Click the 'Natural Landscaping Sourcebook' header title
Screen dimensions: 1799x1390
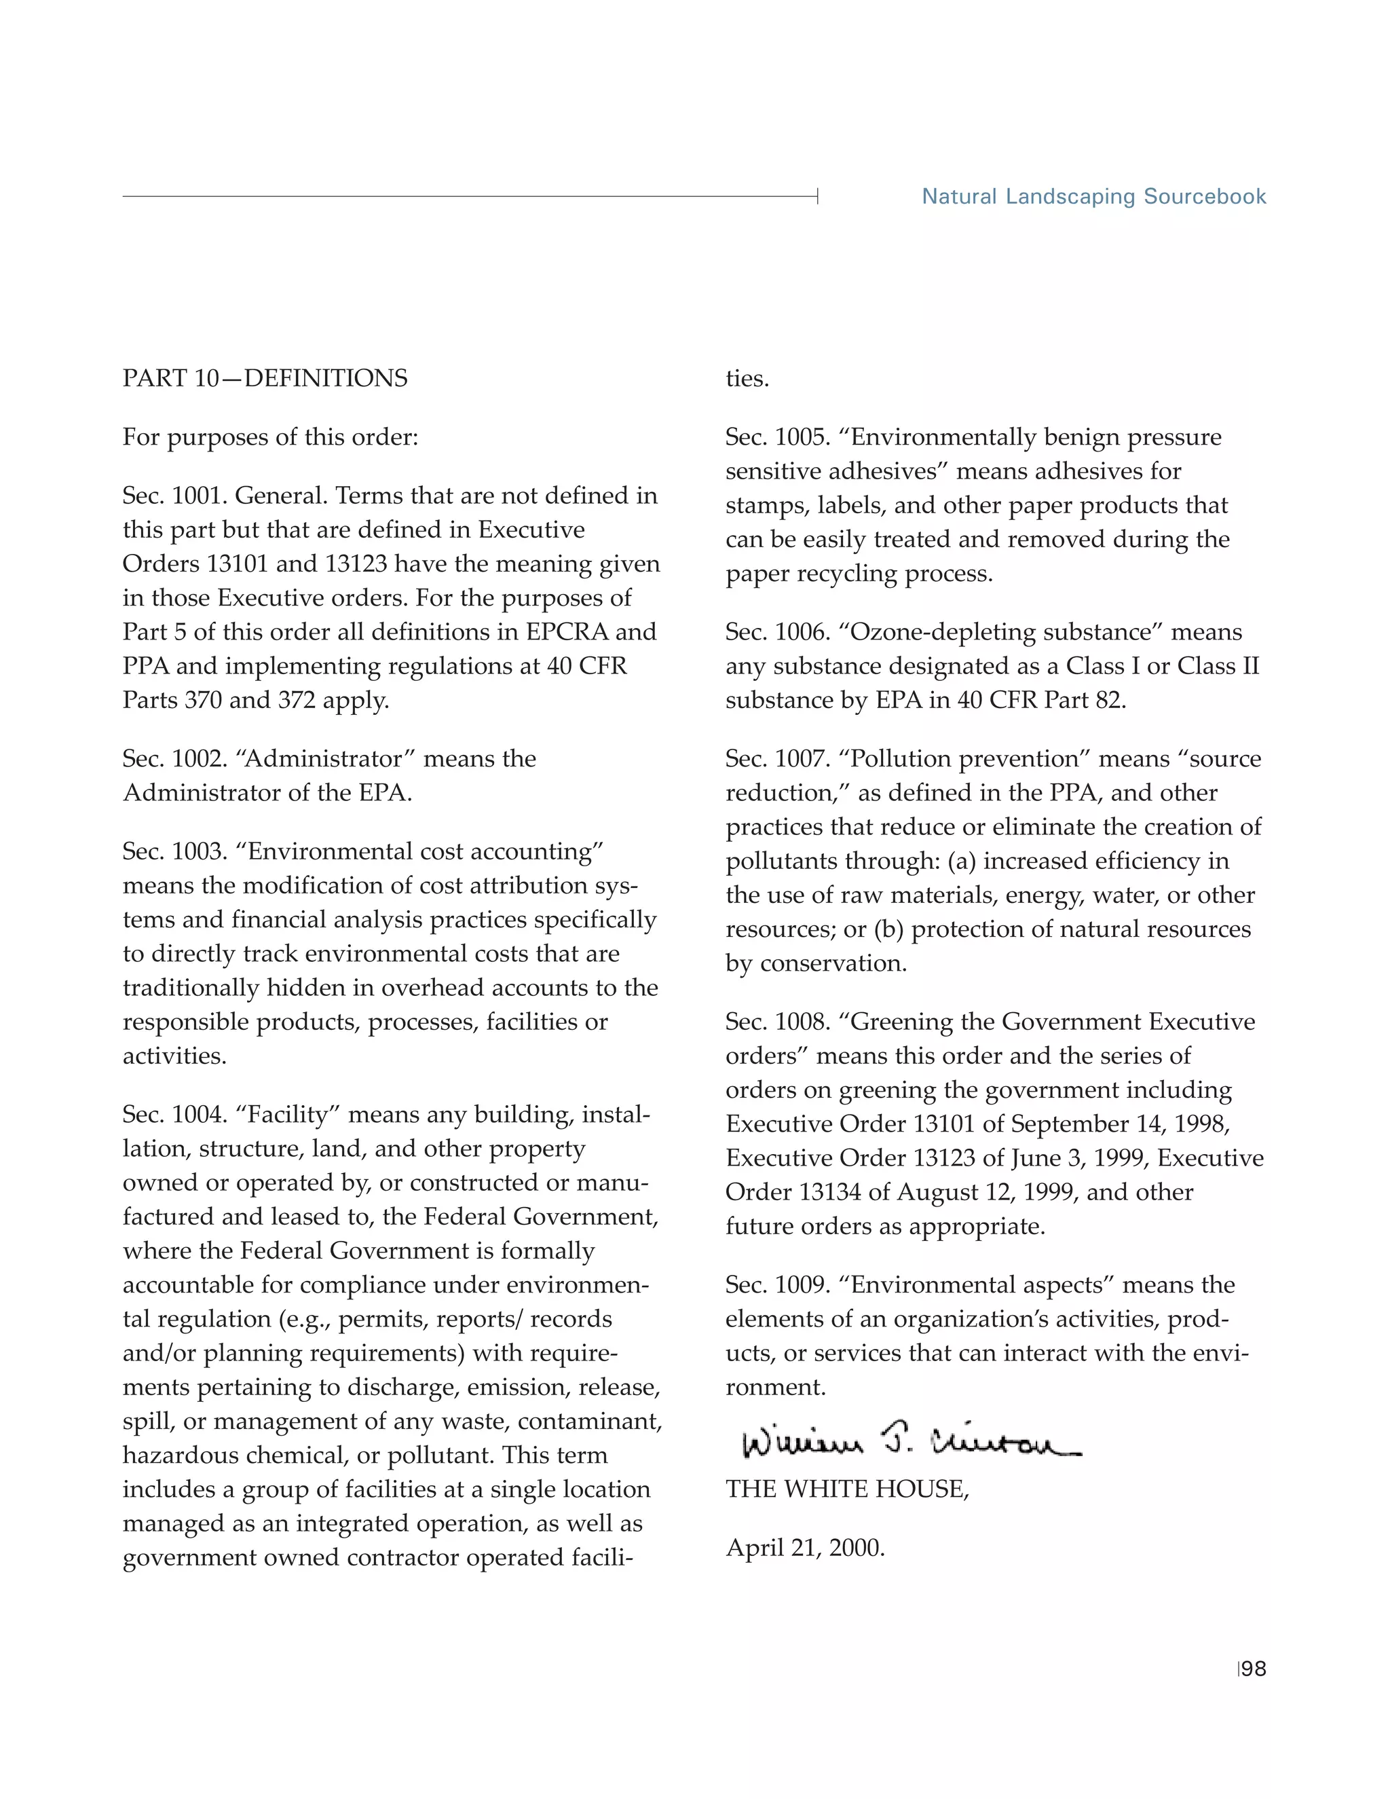tap(1093, 197)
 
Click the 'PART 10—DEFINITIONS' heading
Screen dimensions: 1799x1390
tap(265, 378)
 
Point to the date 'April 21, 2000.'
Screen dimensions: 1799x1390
tap(804, 1548)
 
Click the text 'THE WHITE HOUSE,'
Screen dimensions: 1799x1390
tap(846, 1489)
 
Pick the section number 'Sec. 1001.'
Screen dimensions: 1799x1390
tap(174, 496)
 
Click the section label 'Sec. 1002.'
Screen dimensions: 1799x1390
tap(174, 759)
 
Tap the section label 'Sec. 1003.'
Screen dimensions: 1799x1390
tap(174, 851)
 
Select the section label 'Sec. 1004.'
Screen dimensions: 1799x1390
tap(174, 1115)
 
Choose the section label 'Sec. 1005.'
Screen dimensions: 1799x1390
tap(777, 437)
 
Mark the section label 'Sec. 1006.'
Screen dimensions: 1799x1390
tap(777, 632)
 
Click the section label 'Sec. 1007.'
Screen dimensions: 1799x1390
tap(777, 759)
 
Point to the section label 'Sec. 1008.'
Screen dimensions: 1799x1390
tap(777, 1022)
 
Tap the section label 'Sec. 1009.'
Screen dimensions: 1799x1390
tap(777, 1285)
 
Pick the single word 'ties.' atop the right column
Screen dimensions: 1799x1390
tap(747, 379)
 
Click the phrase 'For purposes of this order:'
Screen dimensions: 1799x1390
tap(270, 437)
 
